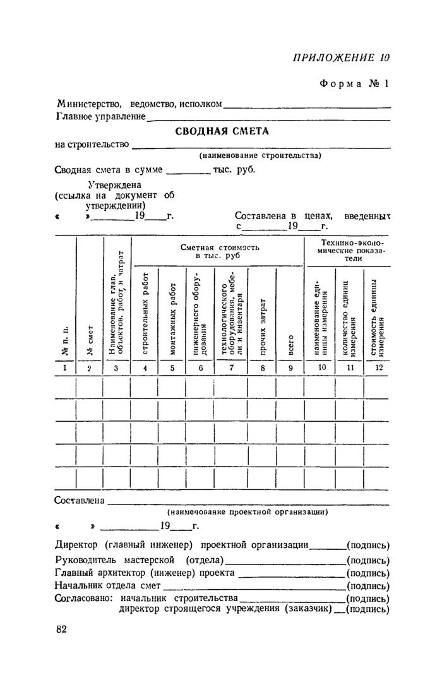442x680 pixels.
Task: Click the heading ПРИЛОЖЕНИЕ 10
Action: coord(341,57)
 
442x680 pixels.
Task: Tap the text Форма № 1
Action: coord(357,83)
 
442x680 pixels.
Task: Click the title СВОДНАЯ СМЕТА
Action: coord(222,131)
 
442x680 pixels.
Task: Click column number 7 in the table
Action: coord(231,367)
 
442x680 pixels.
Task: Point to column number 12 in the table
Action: coord(378,367)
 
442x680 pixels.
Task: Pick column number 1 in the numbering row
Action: coord(65,367)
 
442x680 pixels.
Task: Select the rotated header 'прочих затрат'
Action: coord(263,314)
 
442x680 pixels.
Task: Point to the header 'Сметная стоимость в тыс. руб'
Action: coord(217,252)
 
